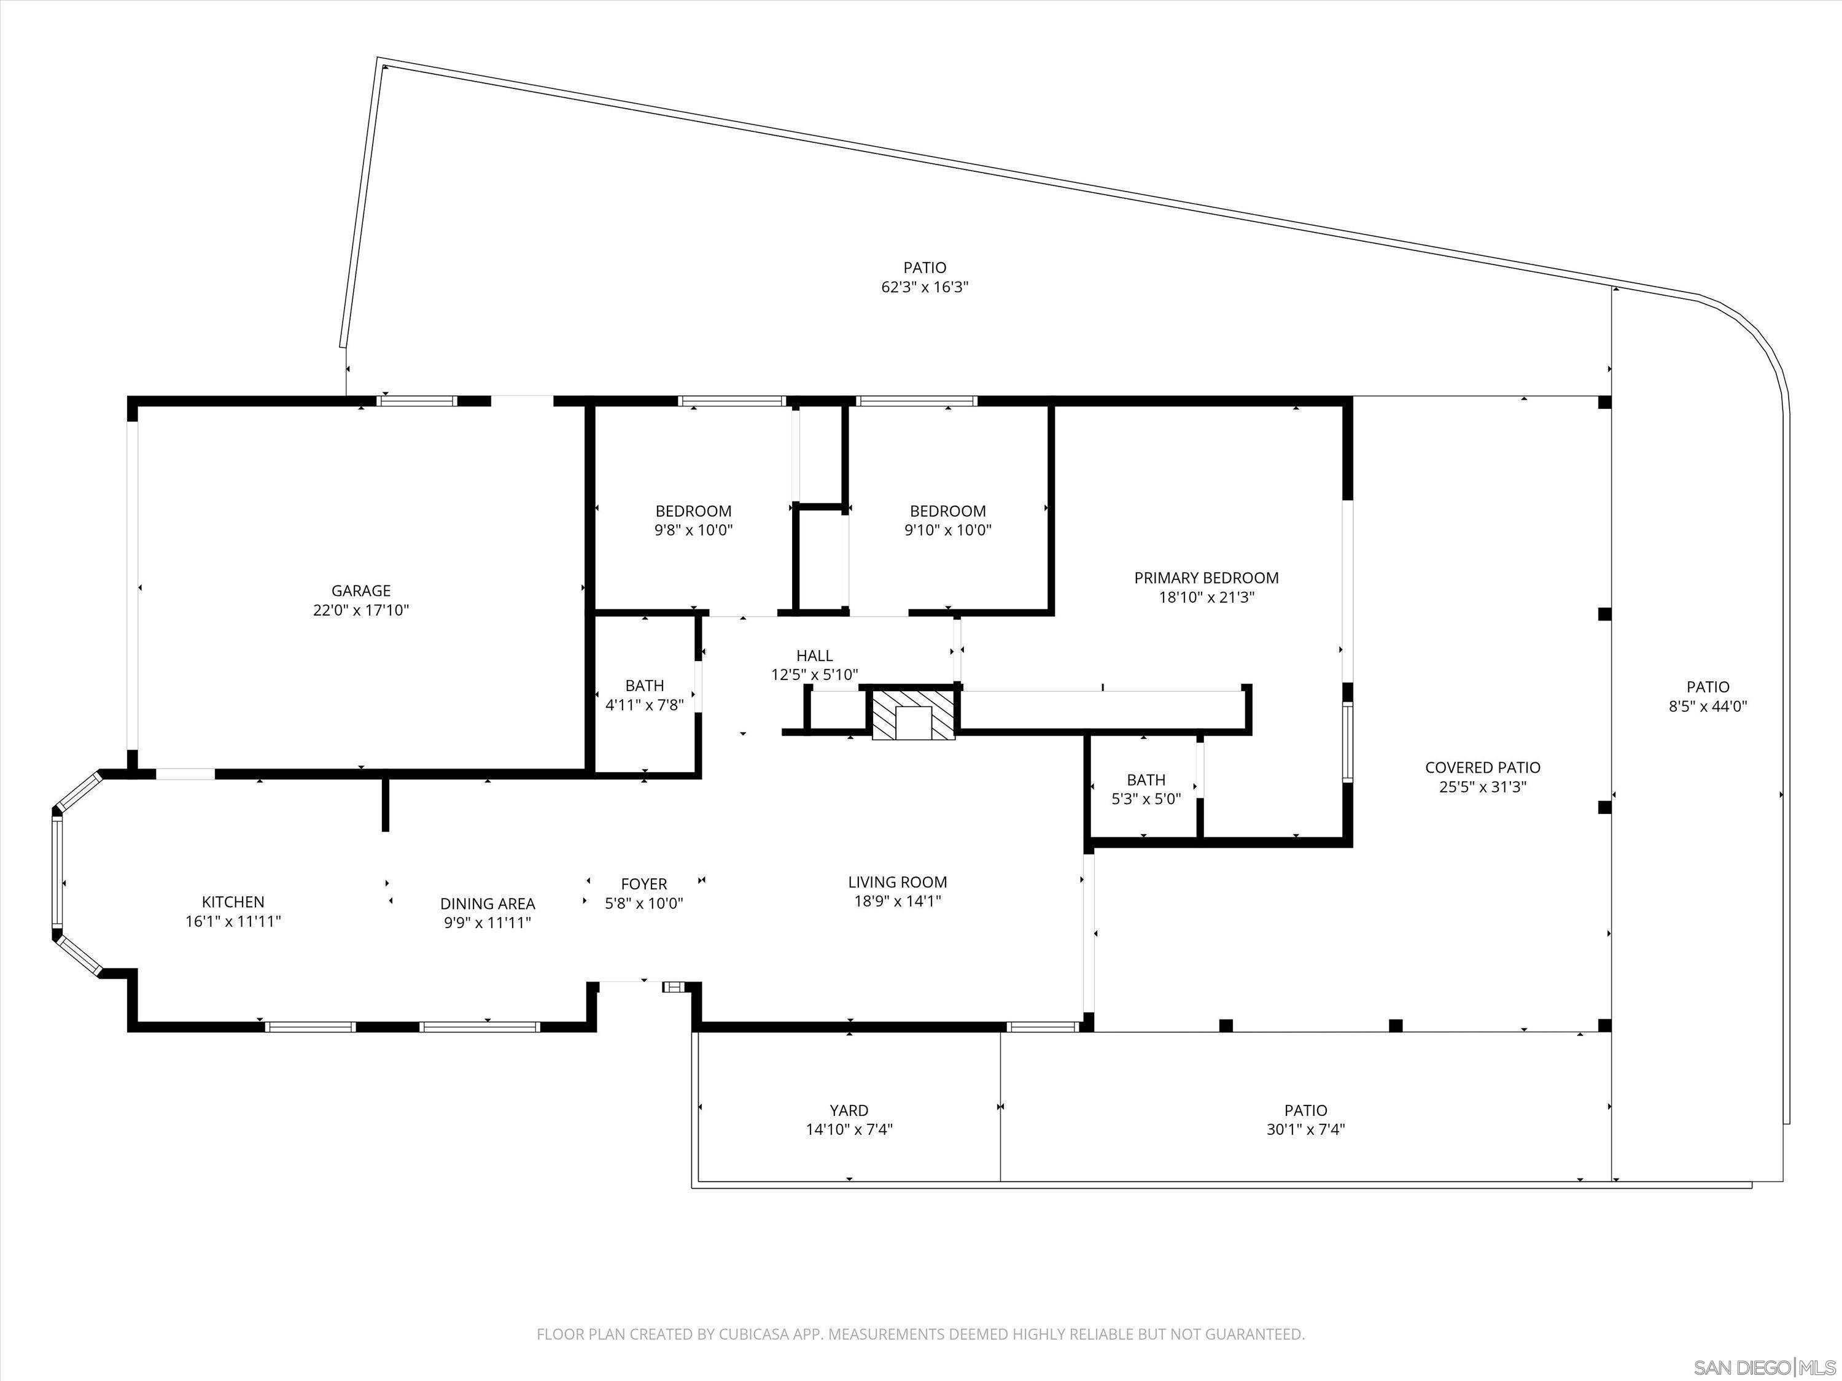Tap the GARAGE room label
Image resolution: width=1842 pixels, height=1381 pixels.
pyautogui.click(x=360, y=591)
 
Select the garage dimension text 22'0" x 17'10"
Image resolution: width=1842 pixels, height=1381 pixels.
pyautogui.click(x=360, y=610)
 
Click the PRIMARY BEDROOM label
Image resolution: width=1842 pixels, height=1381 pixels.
pyautogui.click(x=1206, y=578)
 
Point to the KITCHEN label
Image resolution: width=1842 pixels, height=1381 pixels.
pyautogui.click(x=233, y=902)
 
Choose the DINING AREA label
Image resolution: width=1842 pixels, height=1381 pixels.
pyautogui.click(x=487, y=903)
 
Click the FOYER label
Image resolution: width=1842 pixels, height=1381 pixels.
pyautogui.click(x=643, y=884)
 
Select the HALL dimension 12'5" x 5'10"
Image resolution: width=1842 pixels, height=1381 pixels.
pyautogui.click(x=814, y=675)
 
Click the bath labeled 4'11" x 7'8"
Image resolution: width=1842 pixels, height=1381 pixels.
pyautogui.click(x=645, y=695)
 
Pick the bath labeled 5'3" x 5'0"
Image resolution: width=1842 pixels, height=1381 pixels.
pyautogui.click(x=1146, y=789)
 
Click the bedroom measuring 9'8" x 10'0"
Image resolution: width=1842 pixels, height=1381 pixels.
pyautogui.click(x=693, y=520)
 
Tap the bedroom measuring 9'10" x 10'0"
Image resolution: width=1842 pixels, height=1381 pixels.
pyautogui.click(x=947, y=520)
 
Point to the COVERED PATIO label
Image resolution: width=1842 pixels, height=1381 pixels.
pyautogui.click(x=1482, y=767)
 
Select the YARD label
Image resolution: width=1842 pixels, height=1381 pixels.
pyautogui.click(x=849, y=1110)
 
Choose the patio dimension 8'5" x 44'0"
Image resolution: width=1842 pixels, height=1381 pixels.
pyautogui.click(x=1708, y=706)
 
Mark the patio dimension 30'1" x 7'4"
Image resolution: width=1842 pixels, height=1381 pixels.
pyautogui.click(x=1305, y=1129)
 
